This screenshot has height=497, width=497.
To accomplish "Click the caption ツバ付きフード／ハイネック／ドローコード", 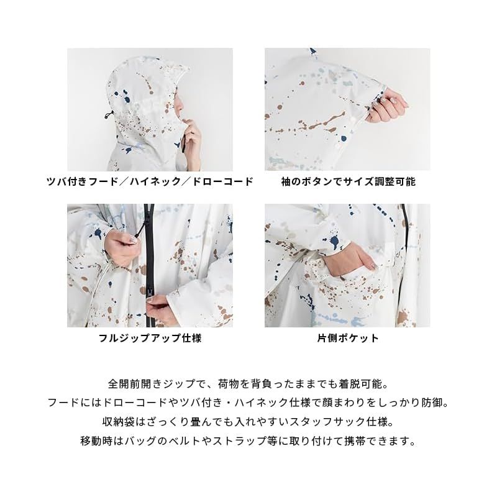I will (150, 181).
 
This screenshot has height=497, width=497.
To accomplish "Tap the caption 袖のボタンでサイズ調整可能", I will (347, 181).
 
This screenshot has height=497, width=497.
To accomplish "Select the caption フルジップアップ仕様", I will (150, 339).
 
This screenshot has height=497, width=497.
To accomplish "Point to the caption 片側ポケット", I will (347, 339).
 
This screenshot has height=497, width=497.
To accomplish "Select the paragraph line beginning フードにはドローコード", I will (248, 403).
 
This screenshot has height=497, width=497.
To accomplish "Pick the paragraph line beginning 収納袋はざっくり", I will (248, 422).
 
